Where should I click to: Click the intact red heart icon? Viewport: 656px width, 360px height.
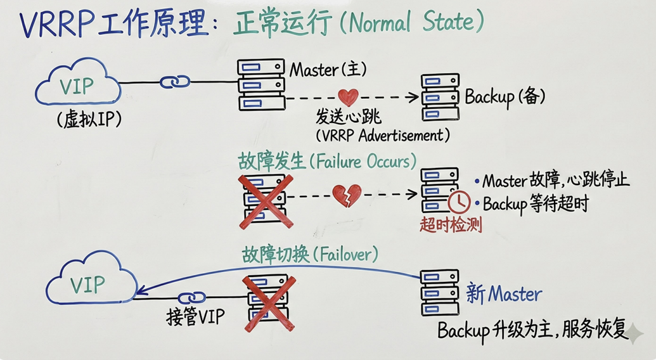[x=348, y=97]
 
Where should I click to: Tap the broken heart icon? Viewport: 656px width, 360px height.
[x=347, y=195]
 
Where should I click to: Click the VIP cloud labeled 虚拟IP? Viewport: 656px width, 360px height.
[x=78, y=86]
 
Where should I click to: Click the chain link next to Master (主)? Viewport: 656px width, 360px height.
[x=175, y=82]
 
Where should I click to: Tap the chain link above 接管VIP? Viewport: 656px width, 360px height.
[x=191, y=297]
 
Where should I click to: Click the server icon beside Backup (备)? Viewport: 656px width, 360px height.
[x=441, y=97]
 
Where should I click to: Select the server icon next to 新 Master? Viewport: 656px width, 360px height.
[x=439, y=293]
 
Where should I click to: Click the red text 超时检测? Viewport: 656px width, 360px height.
[x=451, y=225]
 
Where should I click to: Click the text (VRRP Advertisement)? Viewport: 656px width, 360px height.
[x=383, y=135]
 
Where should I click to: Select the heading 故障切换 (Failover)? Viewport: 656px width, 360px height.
[x=309, y=255]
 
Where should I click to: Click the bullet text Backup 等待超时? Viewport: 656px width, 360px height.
[x=536, y=204]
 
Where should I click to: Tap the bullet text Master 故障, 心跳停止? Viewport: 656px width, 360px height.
[x=555, y=180]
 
